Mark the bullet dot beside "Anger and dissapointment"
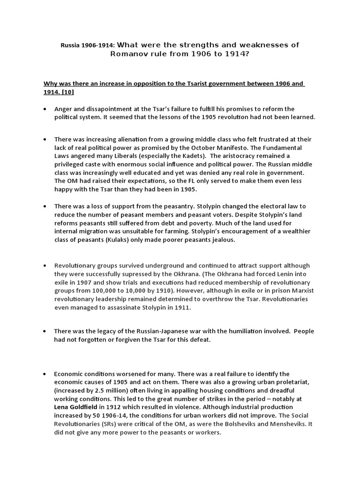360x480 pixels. pos(45,109)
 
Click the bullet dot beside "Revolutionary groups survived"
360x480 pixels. pos(45,265)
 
